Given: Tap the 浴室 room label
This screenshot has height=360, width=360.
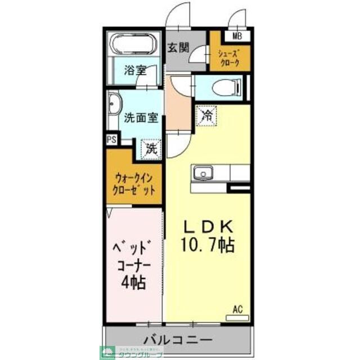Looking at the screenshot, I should (x=135, y=71).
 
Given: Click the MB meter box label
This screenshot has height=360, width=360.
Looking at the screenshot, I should (x=238, y=37).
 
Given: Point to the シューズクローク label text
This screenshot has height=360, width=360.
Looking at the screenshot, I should (x=229, y=58).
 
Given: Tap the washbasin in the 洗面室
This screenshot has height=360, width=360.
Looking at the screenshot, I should (x=115, y=106).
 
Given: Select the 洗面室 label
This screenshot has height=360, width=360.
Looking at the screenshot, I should (x=141, y=119).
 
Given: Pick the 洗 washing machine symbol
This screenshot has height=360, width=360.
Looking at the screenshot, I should (x=150, y=148).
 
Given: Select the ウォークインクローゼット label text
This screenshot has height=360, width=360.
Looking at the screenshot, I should (x=134, y=183).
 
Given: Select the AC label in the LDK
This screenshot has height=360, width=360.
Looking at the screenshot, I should (x=238, y=309).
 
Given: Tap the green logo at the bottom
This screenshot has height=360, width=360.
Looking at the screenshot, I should (x=106, y=353).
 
